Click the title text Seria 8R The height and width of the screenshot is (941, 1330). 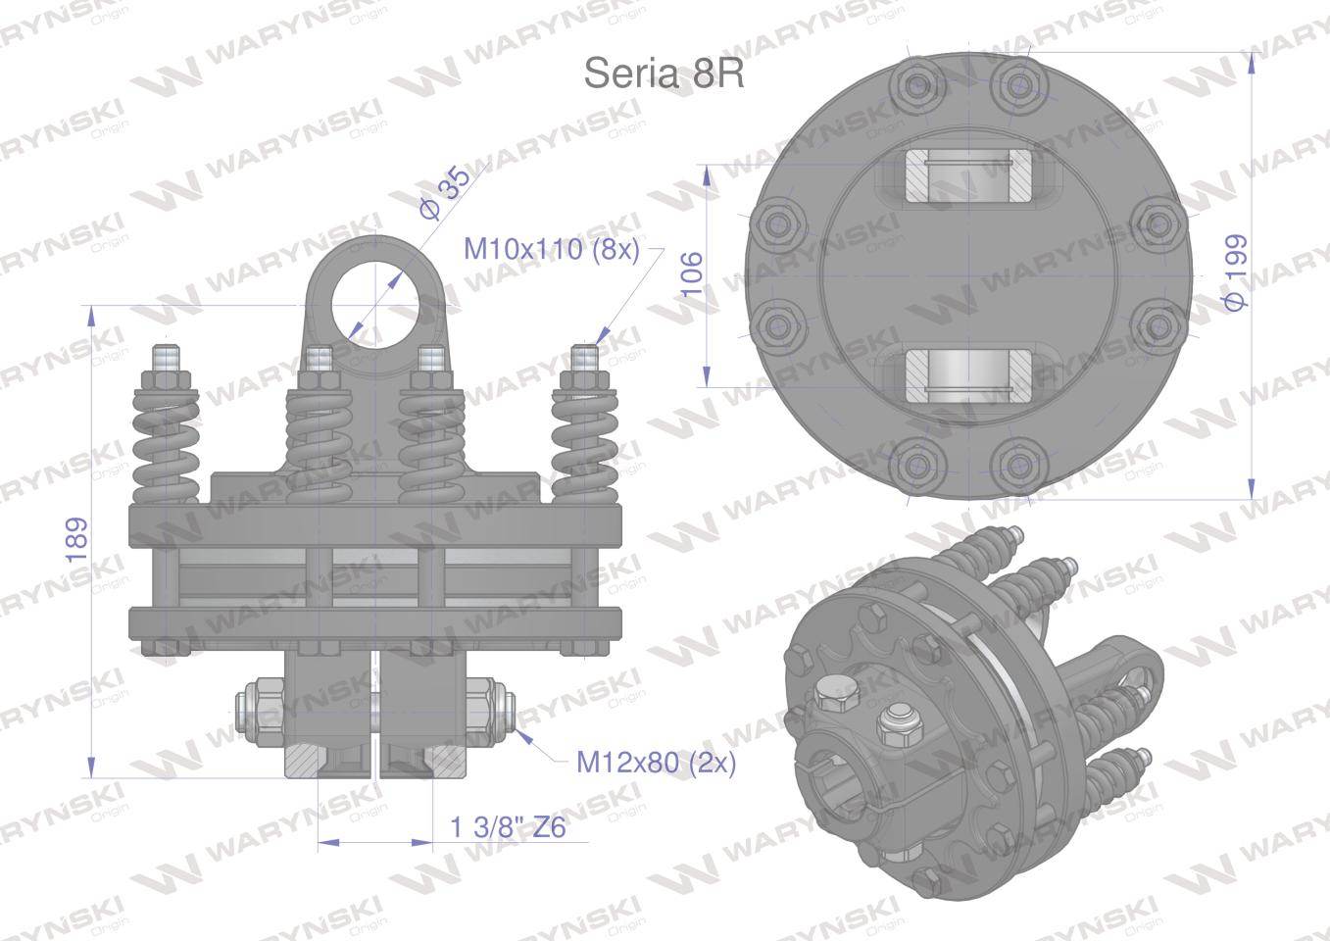[x=664, y=73]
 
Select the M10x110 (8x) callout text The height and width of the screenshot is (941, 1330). [x=551, y=249]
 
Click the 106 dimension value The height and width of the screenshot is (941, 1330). [x=691, y=273]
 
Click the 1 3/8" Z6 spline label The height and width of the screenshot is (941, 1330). [x=509, y=828]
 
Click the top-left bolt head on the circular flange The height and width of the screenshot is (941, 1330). [x=917, y=86]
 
